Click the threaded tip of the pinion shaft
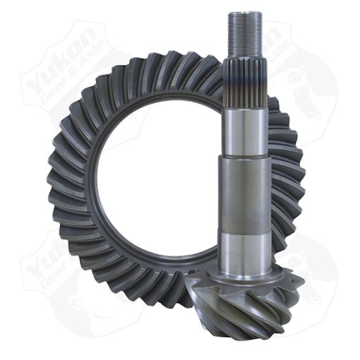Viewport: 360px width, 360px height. click(245, 35)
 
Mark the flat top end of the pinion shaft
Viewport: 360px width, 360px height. click(245, 13)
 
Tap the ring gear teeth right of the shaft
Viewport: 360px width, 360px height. click(289, 176)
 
